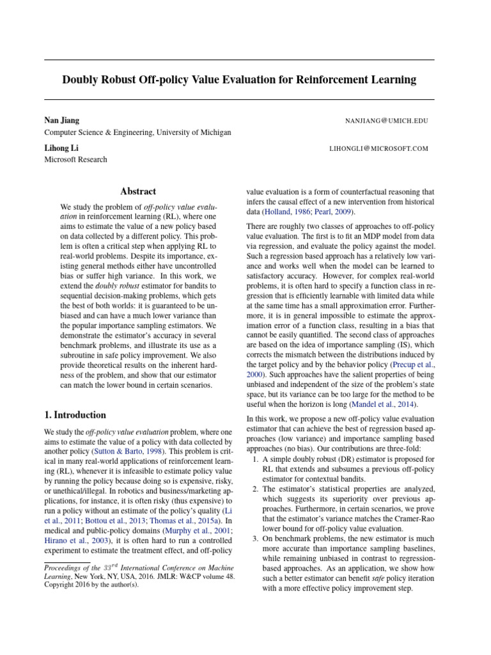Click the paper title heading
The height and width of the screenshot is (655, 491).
(239, 80)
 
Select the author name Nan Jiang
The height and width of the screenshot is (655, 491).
(61, 120)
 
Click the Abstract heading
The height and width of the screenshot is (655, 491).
(138, 191)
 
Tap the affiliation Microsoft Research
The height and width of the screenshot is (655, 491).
(75, 160)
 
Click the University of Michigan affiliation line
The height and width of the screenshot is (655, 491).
(137, 132)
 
